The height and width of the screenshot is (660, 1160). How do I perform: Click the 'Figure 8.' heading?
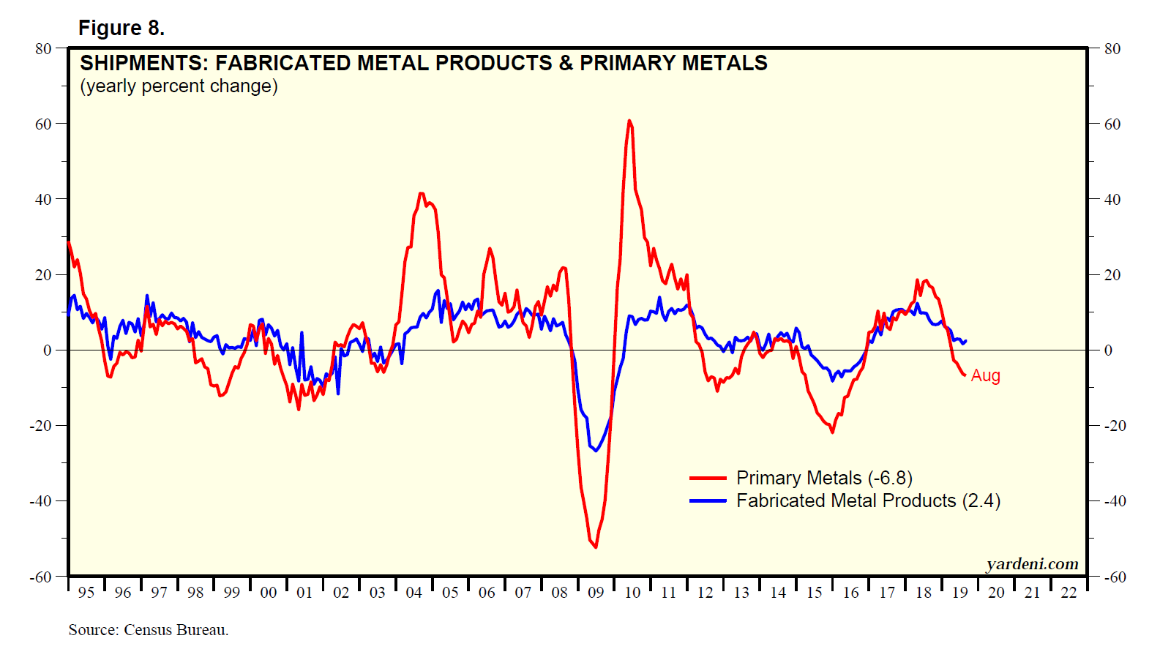pyautogui.click(x=121, y=28)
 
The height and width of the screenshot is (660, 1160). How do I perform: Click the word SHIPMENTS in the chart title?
pyautogui.click(x=143, y=63)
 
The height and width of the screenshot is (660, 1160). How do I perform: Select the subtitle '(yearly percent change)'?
pyautogui.click(x=179, y=86)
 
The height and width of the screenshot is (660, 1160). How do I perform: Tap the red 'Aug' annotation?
pyautogui.click(x=985, y=375)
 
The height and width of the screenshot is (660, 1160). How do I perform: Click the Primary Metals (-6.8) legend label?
pyautogui.click(x=824, y=478)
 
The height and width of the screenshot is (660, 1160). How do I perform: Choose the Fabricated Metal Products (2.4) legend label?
pyautogui.click(x=868, y=500)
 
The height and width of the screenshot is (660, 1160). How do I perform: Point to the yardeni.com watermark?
pyautogui.click(x=1032, y=564)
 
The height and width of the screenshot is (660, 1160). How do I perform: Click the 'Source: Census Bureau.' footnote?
pyautogui.click(x=149, y=630)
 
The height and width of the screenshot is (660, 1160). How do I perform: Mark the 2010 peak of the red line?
pyautogui.click(x=629, y=121)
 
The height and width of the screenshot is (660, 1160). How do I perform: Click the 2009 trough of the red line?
pyautogui.click(x=596, y=547)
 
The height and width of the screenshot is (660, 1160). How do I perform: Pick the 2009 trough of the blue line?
pyautogui.click(x=595, y=450)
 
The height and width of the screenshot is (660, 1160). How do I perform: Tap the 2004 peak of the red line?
pyautogui.click(x=421, y=193)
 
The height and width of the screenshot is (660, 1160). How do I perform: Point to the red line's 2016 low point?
pyautogui.click(x=832, y=432)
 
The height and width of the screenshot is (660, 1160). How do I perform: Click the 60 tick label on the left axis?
pyautogui.click(x=43, y=124)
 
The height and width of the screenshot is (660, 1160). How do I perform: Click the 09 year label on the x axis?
pyautogui.click(x=596, y=593)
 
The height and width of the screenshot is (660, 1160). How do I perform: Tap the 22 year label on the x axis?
pyautogui.click(x=1069, y=593)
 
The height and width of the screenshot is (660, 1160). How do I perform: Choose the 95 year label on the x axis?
pyautogui.click(x=86, y=593)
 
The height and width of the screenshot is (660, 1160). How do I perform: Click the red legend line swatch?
pyautogui.click(x=708, y=478)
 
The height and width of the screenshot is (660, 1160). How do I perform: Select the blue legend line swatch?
pyautogui.click(x=708, y=500)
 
